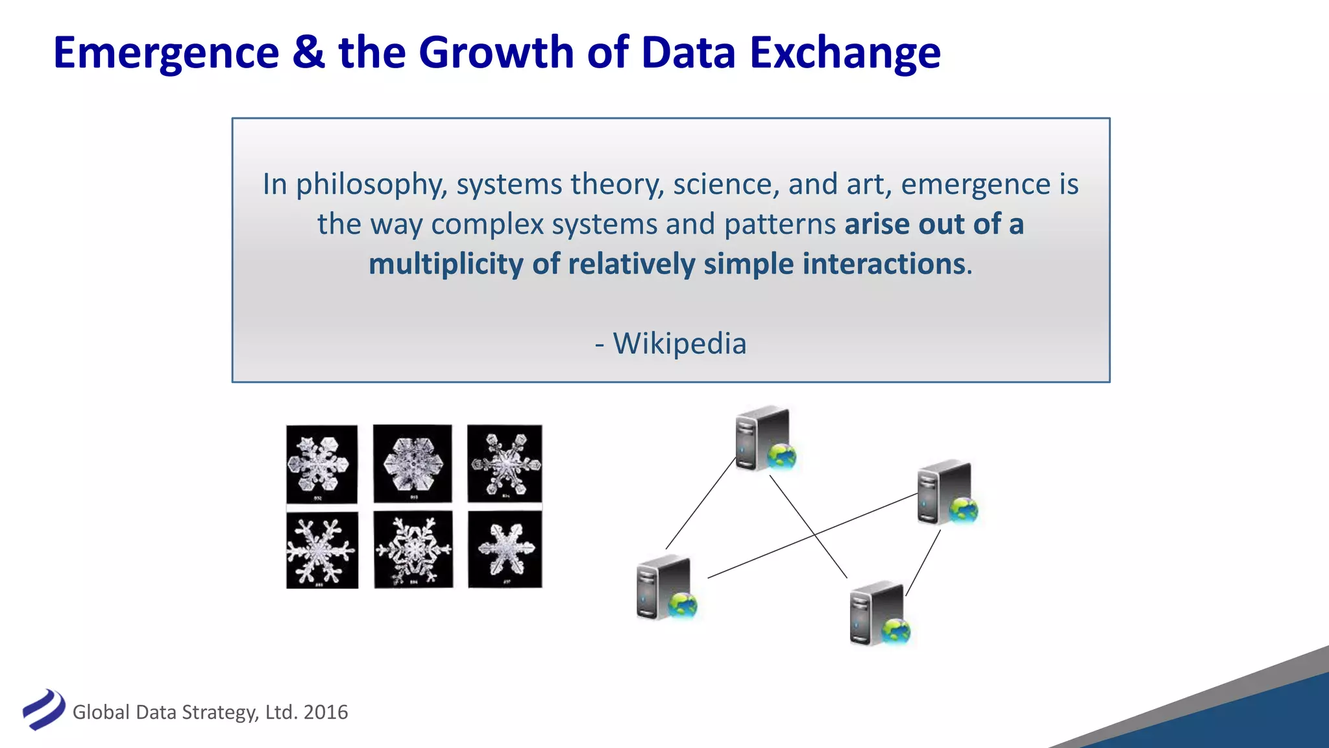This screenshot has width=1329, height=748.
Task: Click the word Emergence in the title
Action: point(166,53)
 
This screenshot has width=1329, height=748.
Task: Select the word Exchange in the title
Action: point(845,53)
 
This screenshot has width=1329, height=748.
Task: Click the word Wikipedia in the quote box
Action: point(679,343)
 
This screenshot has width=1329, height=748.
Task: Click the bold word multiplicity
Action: point(445,264)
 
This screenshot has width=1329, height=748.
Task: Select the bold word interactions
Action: point(884,264)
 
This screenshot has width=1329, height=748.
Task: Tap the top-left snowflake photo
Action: point(322,464)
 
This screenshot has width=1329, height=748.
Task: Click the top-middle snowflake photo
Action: point(413,464)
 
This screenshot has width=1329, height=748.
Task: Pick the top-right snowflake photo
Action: point(505,463)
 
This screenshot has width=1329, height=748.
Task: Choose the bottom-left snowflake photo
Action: point(322,550)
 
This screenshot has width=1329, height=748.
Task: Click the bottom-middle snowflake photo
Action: point(413,549)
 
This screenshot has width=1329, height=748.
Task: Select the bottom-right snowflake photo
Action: point(505,549)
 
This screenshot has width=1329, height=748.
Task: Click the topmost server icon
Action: point(763,438)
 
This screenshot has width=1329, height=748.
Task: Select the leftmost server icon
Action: point(664,588)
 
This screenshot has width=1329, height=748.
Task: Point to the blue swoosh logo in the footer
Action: point(43,710)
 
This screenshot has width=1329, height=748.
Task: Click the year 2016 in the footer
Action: point(326,712)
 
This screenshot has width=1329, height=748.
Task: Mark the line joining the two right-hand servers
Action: point(923,563)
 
